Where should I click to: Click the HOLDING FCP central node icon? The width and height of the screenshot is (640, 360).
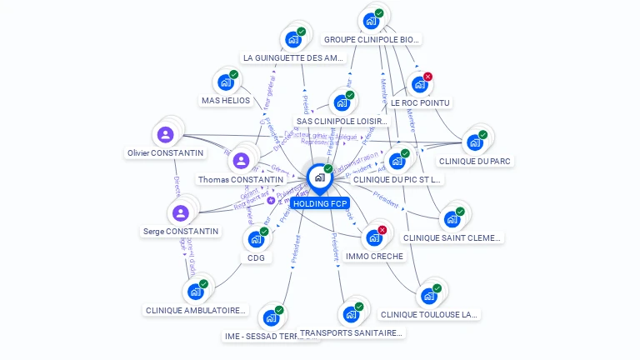(319, 177)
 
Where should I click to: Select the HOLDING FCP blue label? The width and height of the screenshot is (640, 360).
(320, 203)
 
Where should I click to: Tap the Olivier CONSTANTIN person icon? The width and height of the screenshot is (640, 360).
(166, 134)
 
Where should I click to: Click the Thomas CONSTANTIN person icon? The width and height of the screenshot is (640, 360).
(241, 161)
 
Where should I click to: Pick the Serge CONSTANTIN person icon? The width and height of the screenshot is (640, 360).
(181, 212)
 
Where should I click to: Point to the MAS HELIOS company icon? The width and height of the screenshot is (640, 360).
(225, 82)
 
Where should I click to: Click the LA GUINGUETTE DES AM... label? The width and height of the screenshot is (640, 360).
(293, 58)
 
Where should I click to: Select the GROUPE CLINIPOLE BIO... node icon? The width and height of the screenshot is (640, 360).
(371, 21)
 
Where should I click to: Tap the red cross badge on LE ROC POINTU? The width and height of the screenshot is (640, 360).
(428, 77)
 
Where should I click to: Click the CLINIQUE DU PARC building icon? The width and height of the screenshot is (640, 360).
(474, 142)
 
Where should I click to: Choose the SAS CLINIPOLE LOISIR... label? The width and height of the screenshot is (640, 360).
(342, 122)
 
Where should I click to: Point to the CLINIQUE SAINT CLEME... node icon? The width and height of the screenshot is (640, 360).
(452, 219)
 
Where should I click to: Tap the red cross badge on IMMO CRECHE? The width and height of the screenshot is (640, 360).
(382, 230)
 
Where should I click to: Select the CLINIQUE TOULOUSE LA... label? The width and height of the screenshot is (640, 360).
(429, 315)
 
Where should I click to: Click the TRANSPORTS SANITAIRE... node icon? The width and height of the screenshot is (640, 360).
(350, 315)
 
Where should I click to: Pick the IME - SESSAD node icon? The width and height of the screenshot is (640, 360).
(270, 318)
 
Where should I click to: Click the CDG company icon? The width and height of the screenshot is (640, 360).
(255, 239)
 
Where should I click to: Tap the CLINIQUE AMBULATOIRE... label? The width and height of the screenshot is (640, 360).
(197, 311)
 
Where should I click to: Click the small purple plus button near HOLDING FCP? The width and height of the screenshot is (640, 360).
(271, 201)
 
